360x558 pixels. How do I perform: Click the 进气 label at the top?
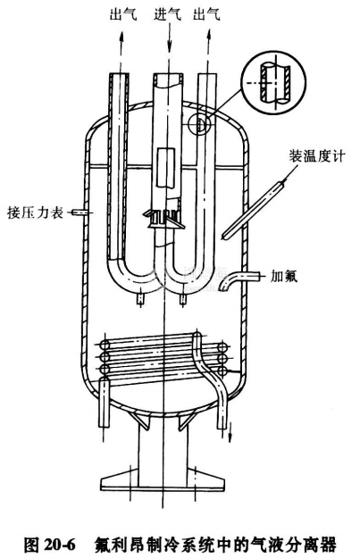[x=167, y=14]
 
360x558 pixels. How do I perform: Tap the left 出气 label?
[x=123, y=14]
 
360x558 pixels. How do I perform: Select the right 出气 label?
[x=207, y=14]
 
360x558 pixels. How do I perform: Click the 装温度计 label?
[x=317, y=156]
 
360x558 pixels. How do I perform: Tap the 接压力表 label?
[x=35, y=212]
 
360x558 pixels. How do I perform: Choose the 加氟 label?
[x=284, y=276]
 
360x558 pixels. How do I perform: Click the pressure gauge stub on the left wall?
[x=79, y=212]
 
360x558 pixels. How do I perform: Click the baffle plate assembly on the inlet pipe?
[x=164, y=218]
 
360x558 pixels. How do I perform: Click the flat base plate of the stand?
[x=163, y=479]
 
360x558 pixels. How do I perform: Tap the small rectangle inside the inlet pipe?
[x=166, y=167]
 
